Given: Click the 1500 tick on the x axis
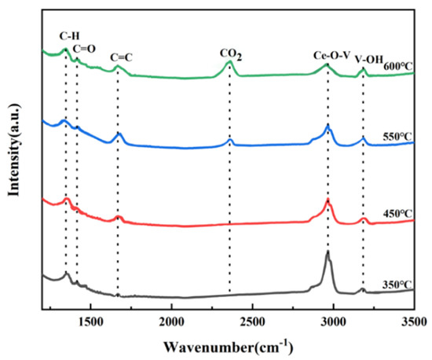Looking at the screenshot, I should tap(90, 320).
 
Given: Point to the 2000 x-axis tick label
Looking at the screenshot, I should tap(171, 320).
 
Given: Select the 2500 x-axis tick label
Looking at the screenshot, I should tap(252, 320).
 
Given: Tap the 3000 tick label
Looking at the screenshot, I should tap(333, 320).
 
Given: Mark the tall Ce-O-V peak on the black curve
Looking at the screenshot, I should tap(328, 254).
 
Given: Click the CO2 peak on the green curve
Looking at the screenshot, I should tap(229, 62).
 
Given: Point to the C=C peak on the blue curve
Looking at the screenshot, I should tap(119, 134).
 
